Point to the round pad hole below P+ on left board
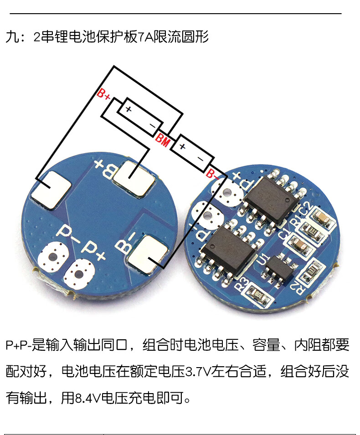coord(80,274)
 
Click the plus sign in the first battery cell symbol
coord(129,109)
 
